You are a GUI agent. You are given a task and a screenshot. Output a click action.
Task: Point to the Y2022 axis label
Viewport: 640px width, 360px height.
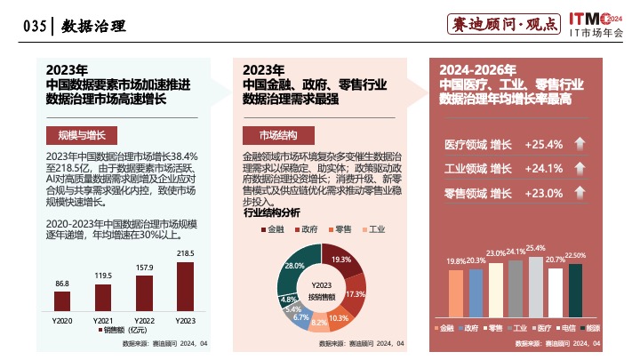coord(144,319)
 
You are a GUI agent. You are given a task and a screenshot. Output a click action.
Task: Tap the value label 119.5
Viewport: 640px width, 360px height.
coord(103,276)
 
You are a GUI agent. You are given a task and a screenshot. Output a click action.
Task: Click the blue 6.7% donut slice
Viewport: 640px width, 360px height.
coord(301,316)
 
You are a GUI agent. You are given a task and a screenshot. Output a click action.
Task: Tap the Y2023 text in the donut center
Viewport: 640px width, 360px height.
coord(321,285)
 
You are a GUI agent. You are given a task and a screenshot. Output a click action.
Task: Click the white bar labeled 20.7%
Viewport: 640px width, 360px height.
coord(556,292)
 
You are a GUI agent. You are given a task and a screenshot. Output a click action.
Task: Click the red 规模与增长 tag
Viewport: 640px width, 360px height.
coord(81,135)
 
